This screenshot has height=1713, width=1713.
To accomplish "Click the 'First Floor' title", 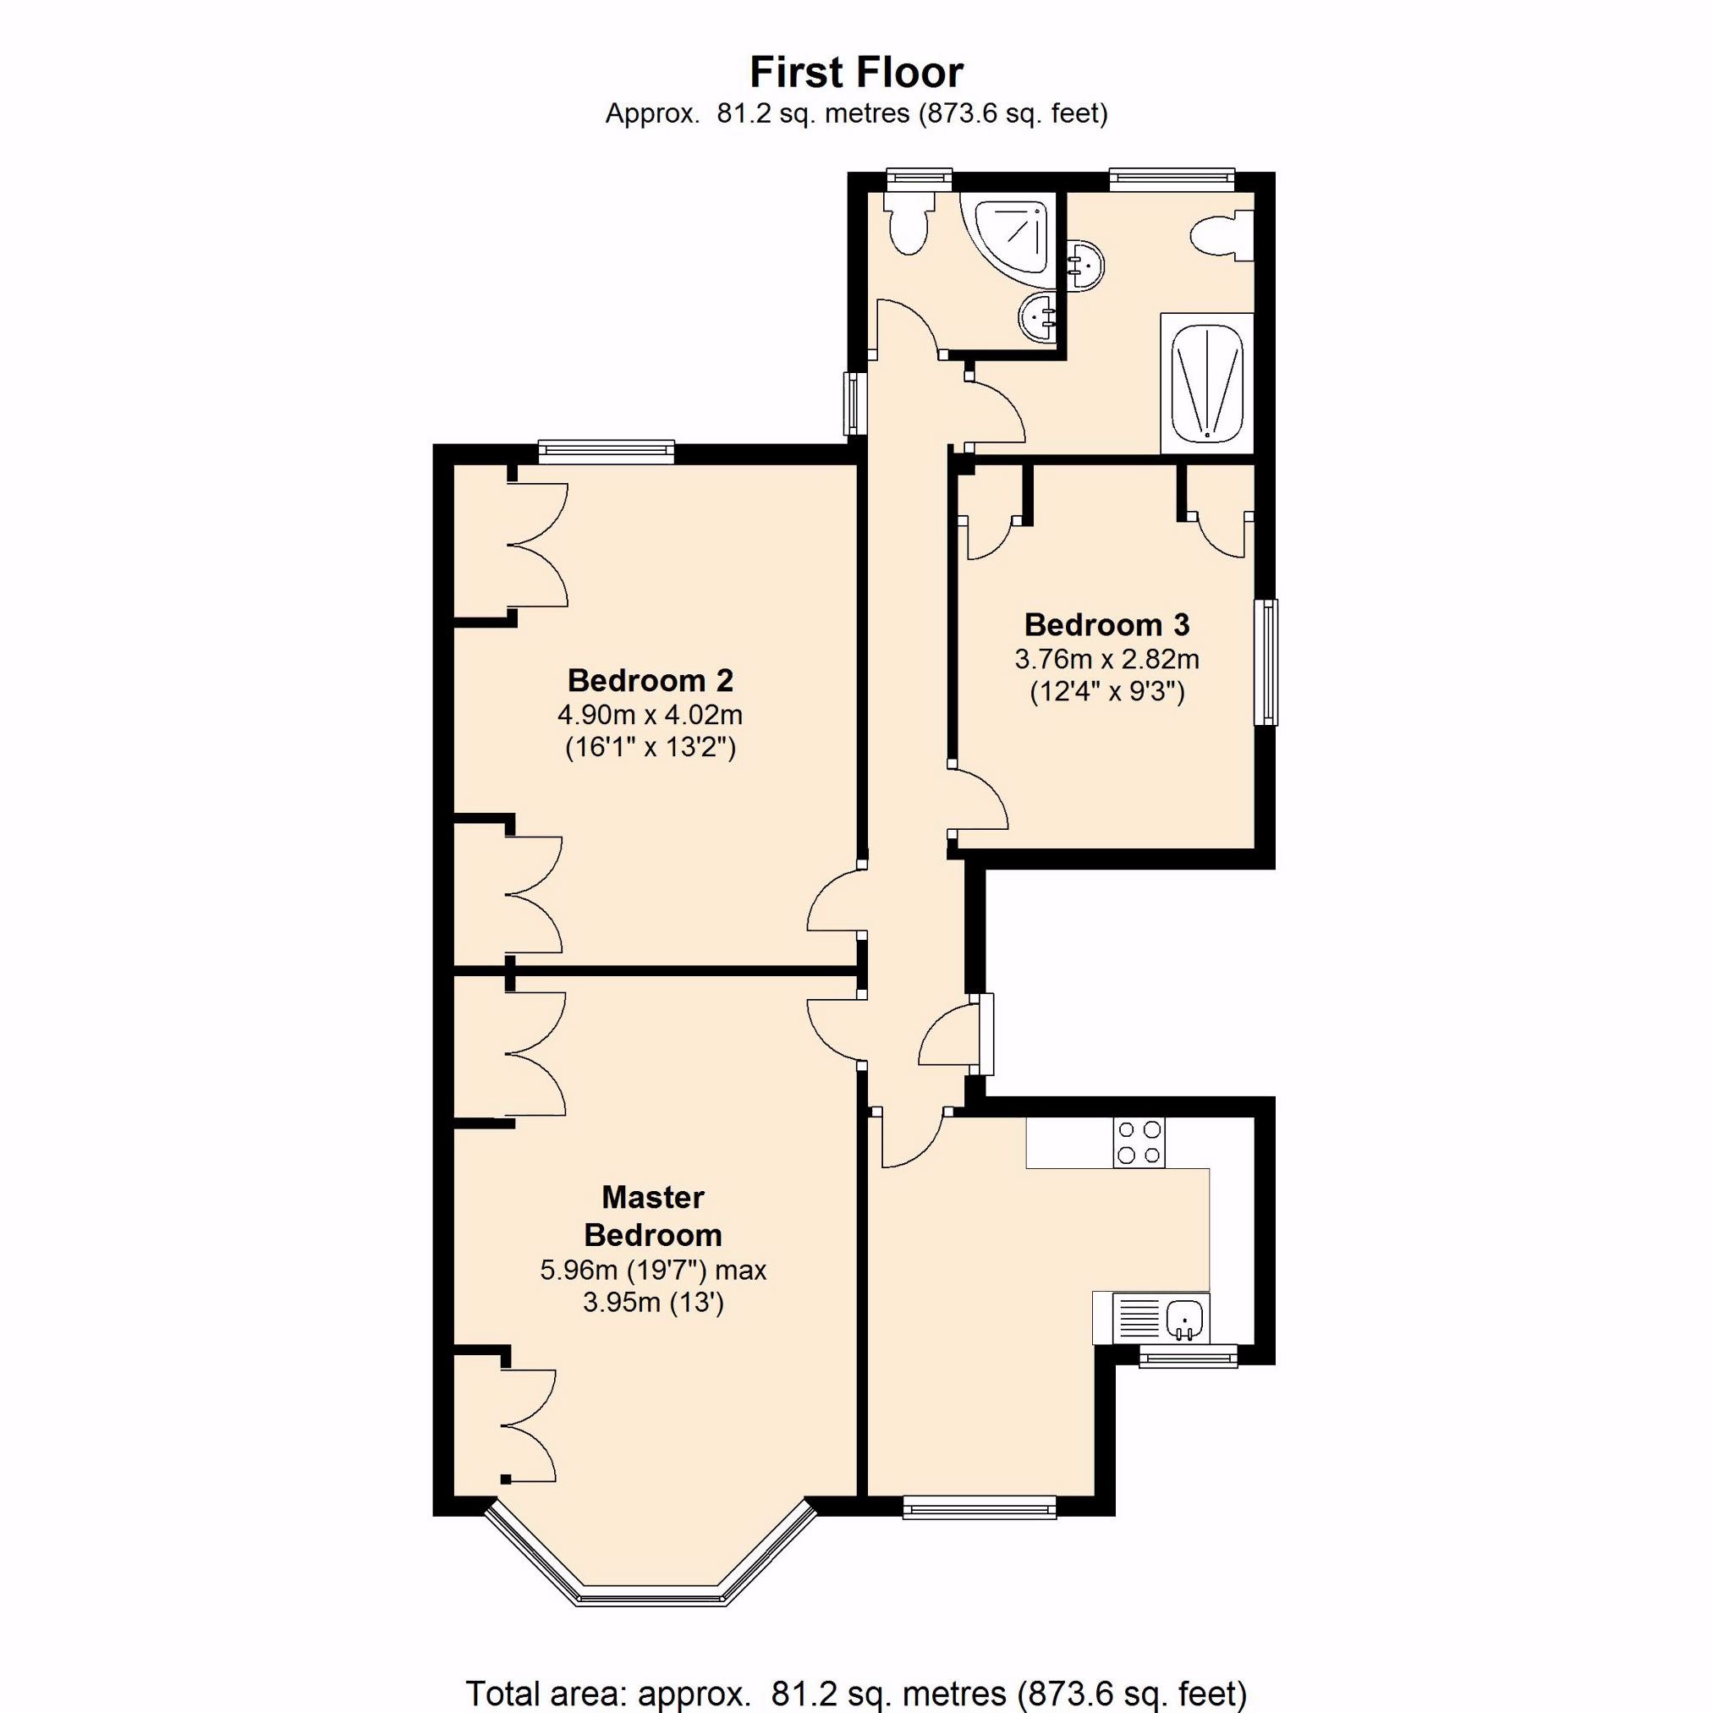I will coord(856,73).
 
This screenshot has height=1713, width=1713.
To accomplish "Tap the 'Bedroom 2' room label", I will coord(650,680).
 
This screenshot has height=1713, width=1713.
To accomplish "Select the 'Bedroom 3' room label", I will coord(1106,624).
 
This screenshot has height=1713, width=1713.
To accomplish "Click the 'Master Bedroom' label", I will coord(652,1216).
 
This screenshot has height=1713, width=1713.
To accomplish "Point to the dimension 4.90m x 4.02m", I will coord(650,714).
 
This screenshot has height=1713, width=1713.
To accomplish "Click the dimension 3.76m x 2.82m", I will coord(1106,659).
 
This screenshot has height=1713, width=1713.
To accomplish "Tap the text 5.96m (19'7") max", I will coord(652,1270).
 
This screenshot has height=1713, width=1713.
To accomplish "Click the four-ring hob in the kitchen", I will coord(1139,1143).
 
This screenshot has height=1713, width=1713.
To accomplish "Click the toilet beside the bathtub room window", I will coord(1222,236).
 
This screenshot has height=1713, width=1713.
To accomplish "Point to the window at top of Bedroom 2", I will coord(607,452).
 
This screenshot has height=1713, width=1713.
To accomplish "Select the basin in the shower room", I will coord(1036,316).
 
